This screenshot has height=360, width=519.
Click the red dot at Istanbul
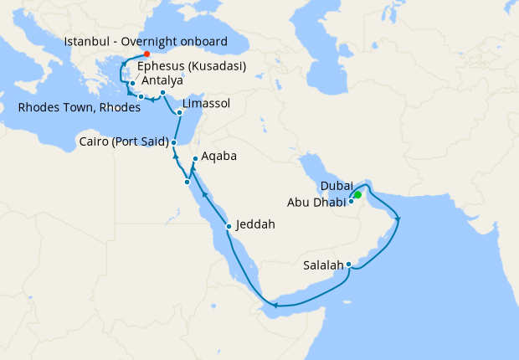[x=147, y=54]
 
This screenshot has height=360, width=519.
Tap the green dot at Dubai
[x=357, y=195]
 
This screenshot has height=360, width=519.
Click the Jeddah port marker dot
[x=229, y=226]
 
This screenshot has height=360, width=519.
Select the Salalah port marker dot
[x=348, y=266]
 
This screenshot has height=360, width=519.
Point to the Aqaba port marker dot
[x=194, y=159]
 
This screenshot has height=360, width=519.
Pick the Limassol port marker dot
[x=180, y=111]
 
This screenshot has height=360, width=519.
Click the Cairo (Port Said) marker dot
[x=173, y=142]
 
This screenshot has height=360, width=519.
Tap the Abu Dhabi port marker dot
[x=352, y=202]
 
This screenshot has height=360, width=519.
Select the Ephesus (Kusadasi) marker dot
[x=132, y=83]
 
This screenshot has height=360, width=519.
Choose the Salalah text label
[x=323, y=265]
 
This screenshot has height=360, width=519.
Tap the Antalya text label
[x=164, y=81]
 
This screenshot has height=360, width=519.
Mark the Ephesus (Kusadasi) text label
[x=191, y=66]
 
